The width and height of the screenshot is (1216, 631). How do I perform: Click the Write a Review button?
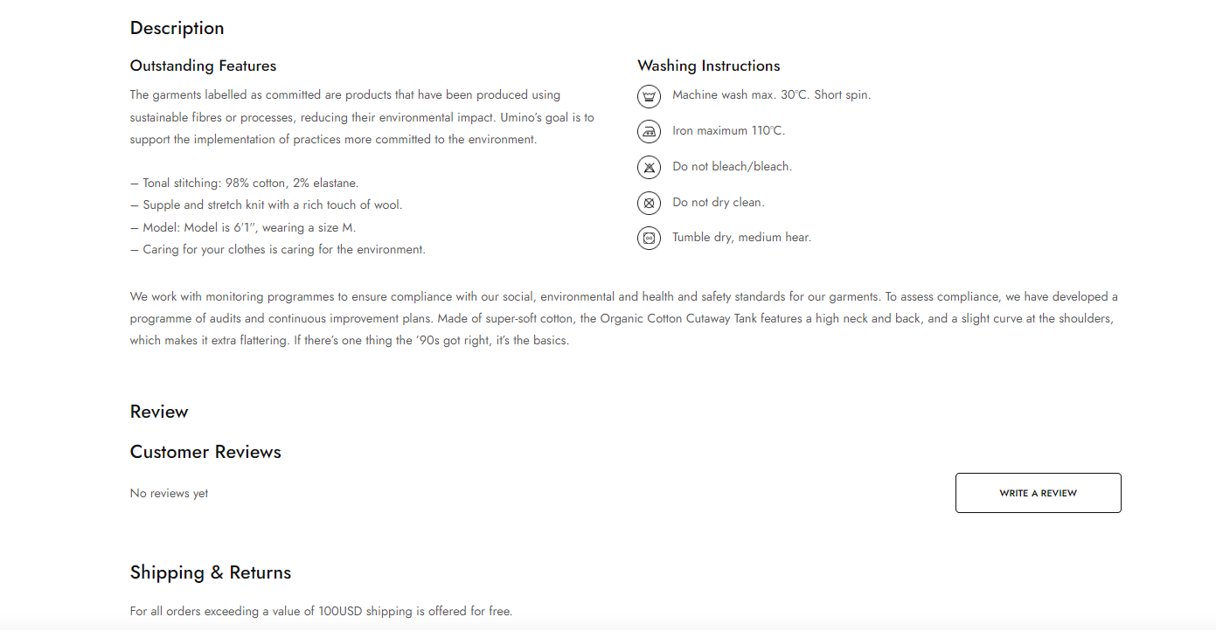click(x=1038, y=493)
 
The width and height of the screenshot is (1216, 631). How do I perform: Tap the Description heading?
click(x=177, y=28)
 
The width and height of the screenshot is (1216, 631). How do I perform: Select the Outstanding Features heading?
click(x=203, y=66)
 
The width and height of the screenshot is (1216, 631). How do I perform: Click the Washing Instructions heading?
click(x=708, y=66)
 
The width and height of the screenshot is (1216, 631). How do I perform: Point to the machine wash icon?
click(x=649, y=95)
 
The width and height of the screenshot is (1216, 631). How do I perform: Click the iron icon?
click(x=649, y=131)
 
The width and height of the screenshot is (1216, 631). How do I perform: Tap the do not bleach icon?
click(x=649, y=167)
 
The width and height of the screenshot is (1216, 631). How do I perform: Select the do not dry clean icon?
click(x=649, y=203)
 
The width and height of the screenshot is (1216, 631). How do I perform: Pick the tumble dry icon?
click(x=649, y=238)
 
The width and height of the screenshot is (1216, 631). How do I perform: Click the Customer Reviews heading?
click(x=205, y=452)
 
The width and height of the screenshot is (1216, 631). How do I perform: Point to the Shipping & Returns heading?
click(x=211, y=572)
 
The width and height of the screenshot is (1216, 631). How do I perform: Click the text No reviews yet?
click(x=169, y=493)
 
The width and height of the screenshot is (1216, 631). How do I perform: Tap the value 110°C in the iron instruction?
click(x=767, y=131)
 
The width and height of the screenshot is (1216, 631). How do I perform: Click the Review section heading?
click(x=159, y=412)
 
